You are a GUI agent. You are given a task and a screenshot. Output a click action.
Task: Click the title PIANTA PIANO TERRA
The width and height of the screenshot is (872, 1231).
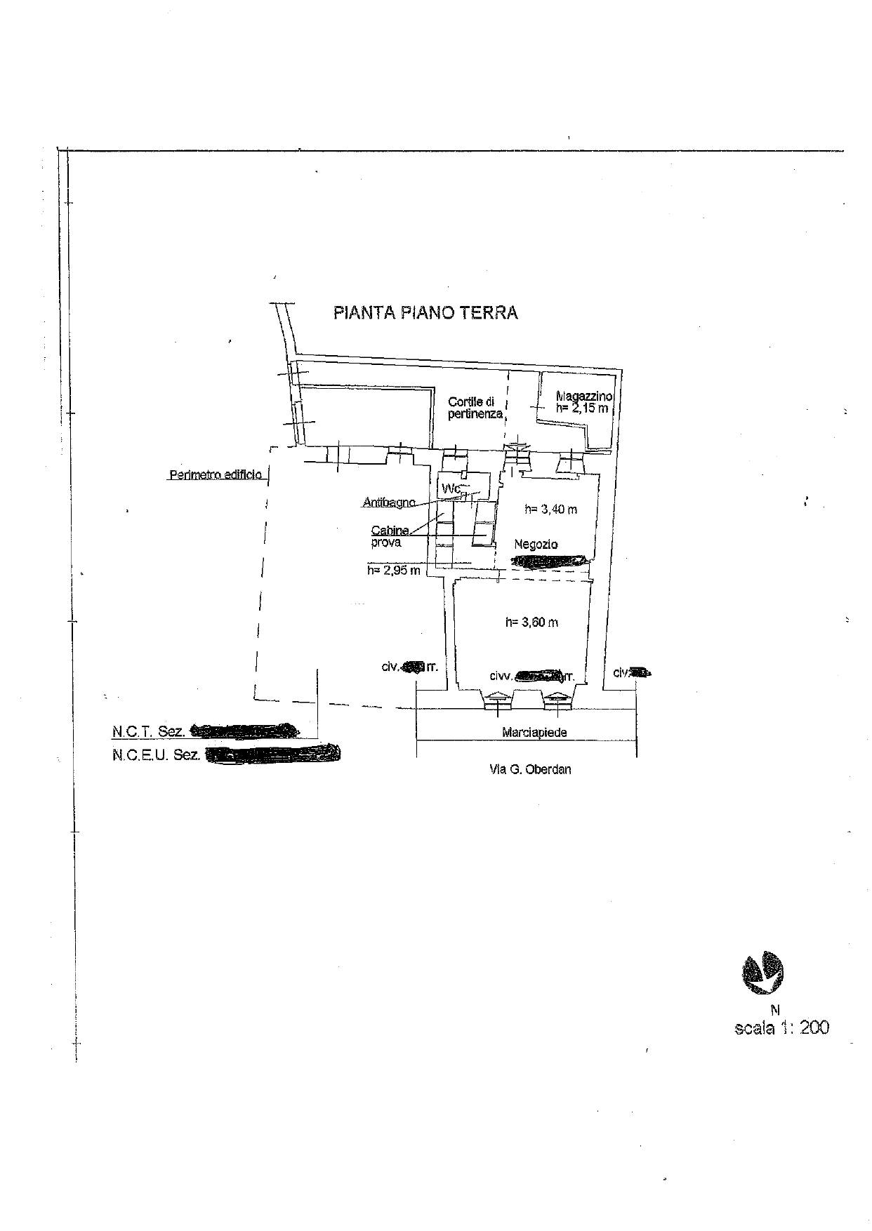click(x=425, y=312)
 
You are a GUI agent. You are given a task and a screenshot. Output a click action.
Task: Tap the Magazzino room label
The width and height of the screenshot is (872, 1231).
click(x=583, y=397)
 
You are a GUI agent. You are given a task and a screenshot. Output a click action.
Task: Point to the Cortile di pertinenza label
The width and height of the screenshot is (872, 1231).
click(x=474, y=408)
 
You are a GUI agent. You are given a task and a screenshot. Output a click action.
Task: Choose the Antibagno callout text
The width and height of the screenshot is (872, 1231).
click(x=389, y=503)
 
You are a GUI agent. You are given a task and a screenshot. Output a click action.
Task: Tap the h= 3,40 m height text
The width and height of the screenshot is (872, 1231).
click(x=550, y=510)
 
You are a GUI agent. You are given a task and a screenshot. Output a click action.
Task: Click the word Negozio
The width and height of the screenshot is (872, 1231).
click(x=536, y=544)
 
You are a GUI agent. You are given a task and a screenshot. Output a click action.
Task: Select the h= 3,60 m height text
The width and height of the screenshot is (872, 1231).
click(x=531, y=623)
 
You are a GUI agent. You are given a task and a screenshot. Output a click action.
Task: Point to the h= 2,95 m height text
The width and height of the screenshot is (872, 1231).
click(x=393, y=571)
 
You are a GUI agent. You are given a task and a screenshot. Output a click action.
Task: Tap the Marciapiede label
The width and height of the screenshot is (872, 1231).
click(x=534, y=733)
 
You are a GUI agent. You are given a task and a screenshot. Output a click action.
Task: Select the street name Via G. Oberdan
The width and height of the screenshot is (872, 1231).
click(x=530, y=769)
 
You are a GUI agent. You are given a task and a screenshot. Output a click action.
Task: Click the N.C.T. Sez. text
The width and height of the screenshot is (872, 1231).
click(x=148, y=731)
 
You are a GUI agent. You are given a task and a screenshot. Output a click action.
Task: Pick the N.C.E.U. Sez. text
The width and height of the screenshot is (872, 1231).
click(x=156, y=755)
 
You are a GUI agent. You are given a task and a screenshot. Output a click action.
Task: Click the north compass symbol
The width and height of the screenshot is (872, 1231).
click(x=762, y=973)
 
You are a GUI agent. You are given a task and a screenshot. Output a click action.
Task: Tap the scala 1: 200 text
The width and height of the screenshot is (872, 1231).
click(x=781, y=1028)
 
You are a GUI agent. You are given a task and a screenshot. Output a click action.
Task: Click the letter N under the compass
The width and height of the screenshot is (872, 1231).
click(x=775, y=1011)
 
